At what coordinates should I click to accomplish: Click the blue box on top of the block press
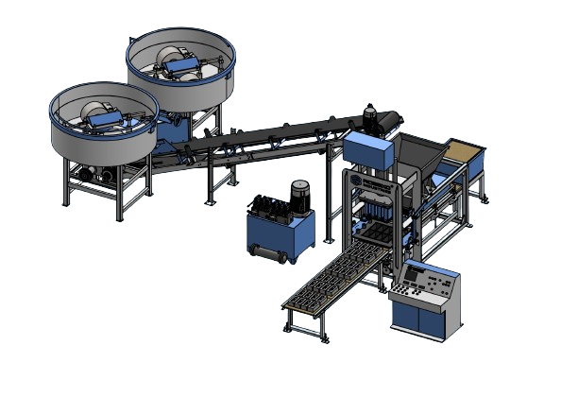click(x=365, y=147)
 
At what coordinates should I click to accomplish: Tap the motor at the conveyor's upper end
click(x=382, y=122)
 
